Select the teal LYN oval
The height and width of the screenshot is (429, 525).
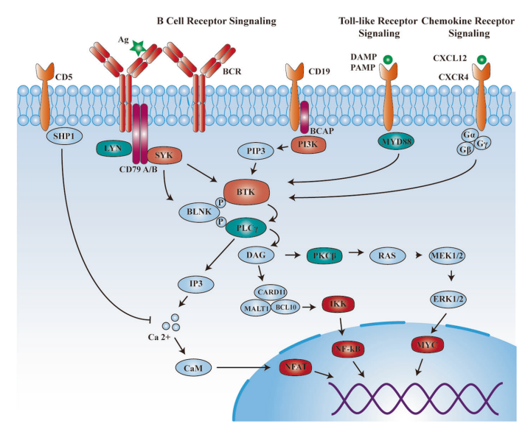(x=113, y=149)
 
